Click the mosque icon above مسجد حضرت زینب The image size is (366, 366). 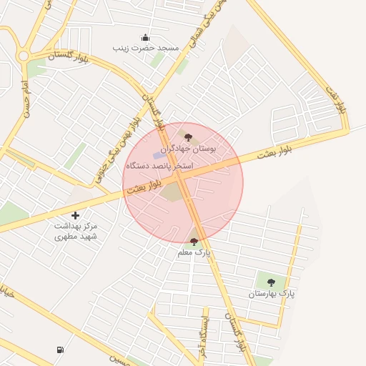[x=146, y=37]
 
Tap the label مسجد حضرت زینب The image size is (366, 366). [x=146, y=48]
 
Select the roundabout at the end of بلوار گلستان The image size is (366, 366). [x=23, y=55]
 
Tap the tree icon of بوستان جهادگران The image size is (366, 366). [x=188, y=137]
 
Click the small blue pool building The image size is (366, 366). [x=158, y=155]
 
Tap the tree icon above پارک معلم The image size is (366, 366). [x=194, y=242]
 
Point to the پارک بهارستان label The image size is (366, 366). [x=272, y=294]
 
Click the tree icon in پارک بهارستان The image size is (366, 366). [x=271, y=282]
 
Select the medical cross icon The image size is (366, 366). [x=76, y=214]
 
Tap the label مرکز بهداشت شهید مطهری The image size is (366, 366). [x=76, y=230]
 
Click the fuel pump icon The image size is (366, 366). [x=59, y=350]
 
